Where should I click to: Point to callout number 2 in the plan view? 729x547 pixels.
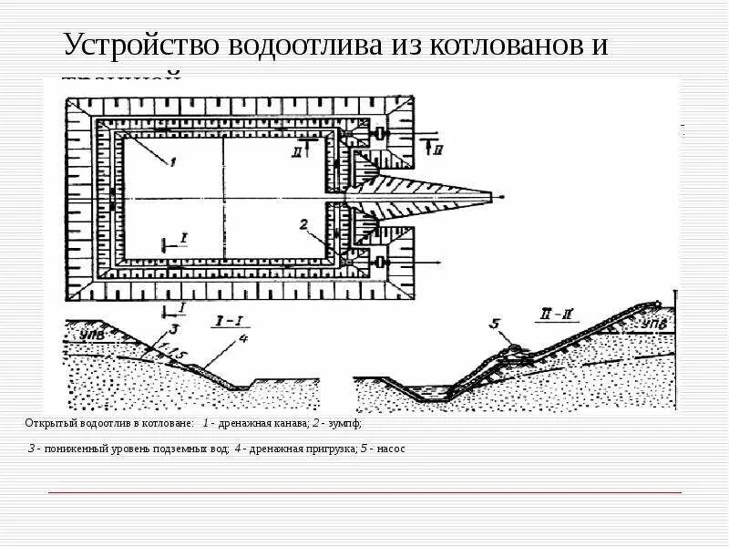[x=304, y=223]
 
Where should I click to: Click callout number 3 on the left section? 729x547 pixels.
[x=175, y=328]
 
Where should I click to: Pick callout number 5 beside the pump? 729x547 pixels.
[x=494, y=323]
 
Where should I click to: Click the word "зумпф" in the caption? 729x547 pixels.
[x=347, y=424]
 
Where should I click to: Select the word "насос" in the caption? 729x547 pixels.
[x=389, y=449]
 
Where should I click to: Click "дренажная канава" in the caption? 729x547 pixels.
[x=258, y=424]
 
